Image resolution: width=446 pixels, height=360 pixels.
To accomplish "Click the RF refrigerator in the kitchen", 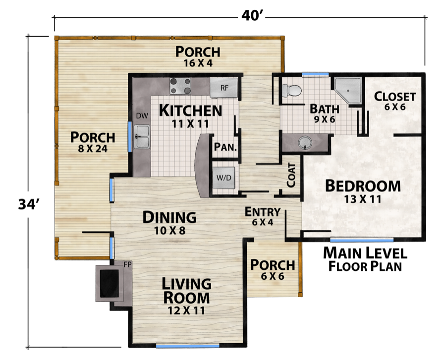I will [x=224, y=88].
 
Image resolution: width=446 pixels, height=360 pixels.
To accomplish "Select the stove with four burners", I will [x=181, y=87].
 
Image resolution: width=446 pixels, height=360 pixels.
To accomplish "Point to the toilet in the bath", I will [x=292, y=90].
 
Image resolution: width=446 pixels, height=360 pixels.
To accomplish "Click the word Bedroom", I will [x=363, y=186].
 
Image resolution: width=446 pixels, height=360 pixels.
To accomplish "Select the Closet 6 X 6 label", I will [x=395, y=101].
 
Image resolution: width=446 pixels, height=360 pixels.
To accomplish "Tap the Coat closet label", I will [x=291, y=175].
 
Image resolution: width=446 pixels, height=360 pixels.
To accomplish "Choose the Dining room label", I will [x=169, y=217].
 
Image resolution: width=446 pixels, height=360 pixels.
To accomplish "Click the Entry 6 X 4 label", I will [x=263, y=216].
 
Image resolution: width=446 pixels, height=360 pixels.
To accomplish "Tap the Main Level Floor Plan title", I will [x=365, y=259].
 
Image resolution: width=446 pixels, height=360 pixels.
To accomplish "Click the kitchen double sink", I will [x=143, y=137].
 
